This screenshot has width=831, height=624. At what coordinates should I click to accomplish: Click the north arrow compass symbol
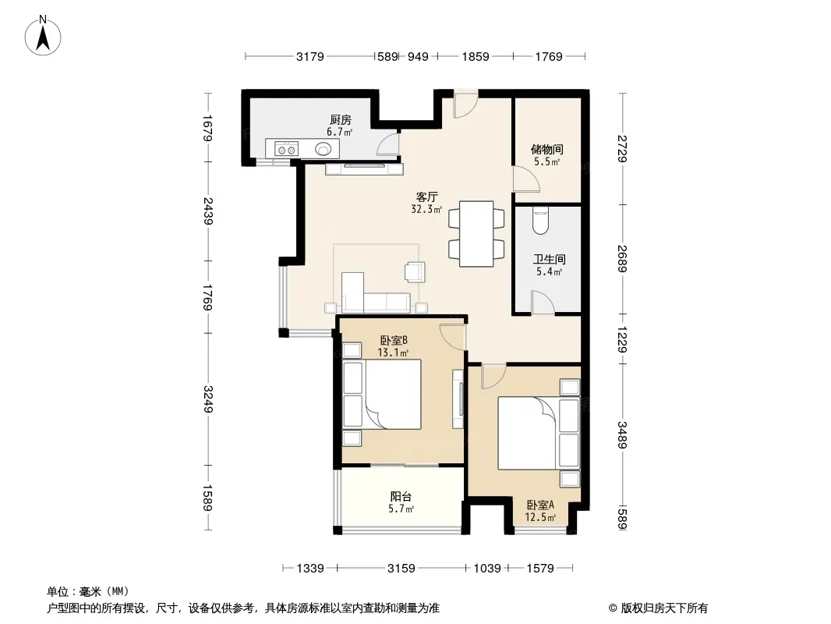click(x=43, y=36)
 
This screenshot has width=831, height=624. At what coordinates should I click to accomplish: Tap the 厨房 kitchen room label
click(x=340, y=120)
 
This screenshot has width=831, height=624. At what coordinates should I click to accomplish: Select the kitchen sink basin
click(x=324, y=149)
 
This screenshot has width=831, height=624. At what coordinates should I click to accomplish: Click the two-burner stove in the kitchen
click(x=287, y=149)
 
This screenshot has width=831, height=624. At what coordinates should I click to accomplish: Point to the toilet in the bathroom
click(x=540, y=221)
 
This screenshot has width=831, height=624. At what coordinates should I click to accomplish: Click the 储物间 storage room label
click(x=547, y=150)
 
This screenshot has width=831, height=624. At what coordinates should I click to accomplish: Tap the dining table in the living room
click(x=476, y=233)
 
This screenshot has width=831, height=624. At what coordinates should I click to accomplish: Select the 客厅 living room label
click(x=426, y=197)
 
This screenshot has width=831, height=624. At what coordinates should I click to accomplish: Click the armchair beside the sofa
click(x=415, y=271)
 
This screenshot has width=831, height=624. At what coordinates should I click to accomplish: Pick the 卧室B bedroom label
click(x=393, y=340)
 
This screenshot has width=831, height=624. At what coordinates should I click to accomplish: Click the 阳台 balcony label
click(x=401, y=497)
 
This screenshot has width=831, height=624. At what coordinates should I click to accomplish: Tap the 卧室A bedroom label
click(x=540, y=505)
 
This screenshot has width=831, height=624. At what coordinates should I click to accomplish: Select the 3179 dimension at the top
click(x=310, y=56)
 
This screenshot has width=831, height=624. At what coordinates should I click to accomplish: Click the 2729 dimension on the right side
click(x=622, y=149)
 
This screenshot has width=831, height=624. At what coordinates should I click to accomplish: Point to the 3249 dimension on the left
click(x=207, y=399)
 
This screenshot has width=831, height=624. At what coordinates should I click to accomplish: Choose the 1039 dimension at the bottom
click(x=487, y=569)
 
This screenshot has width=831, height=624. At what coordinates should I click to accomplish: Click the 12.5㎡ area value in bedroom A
click(x=540, y=517)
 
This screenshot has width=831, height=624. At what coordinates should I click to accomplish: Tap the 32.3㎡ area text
click(x=426, y=209)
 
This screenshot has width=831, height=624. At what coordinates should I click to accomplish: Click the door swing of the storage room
click(x=525, y=179)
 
